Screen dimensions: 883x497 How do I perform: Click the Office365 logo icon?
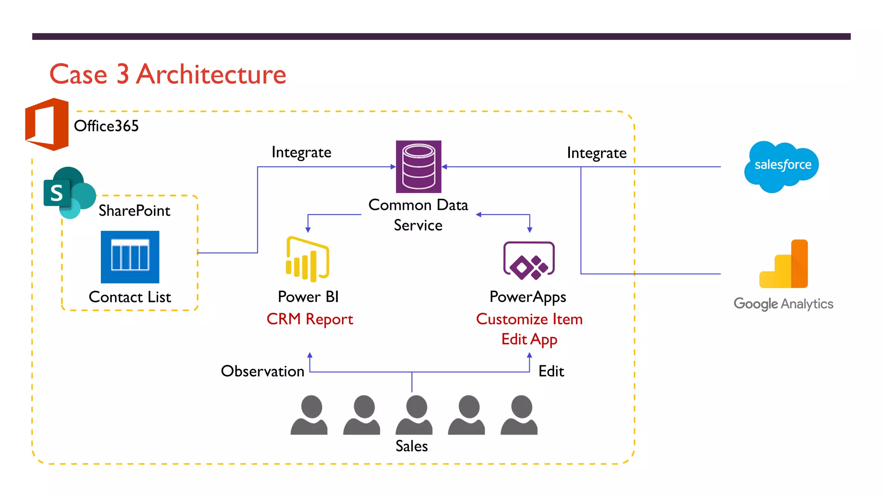tap(47, 124)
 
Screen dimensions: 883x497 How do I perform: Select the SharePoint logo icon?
tap(69, 192)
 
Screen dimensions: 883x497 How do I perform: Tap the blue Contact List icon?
tap(130, 257)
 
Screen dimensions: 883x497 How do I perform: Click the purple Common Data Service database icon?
tap(419, 167)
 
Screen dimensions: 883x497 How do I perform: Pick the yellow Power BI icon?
tap(307, 259)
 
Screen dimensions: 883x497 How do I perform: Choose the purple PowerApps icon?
tap(529, 260)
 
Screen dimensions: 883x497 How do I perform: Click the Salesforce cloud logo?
tap(781, 167)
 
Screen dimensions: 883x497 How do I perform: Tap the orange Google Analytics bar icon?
tap(783, 264)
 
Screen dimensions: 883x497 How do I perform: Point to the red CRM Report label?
tap(310, 319)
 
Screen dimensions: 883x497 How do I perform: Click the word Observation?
tap(263, 371)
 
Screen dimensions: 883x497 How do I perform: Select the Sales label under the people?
tap(412, 446)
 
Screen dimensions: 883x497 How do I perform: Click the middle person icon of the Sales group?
tap(414, 415)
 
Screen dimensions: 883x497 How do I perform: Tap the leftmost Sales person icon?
tap(309, 415)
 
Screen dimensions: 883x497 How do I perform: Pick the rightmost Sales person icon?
tap(519, 415)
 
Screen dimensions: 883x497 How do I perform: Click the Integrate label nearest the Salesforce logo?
tap(597, 153)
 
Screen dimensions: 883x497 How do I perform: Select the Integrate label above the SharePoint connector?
tap(301, 152)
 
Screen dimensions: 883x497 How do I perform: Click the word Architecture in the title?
tap(211, 74)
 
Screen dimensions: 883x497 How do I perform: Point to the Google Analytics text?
tap(783, 304)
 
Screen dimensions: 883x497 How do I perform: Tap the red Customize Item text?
tap(529, 319)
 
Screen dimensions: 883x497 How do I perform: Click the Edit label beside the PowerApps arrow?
tap(551, 371)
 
